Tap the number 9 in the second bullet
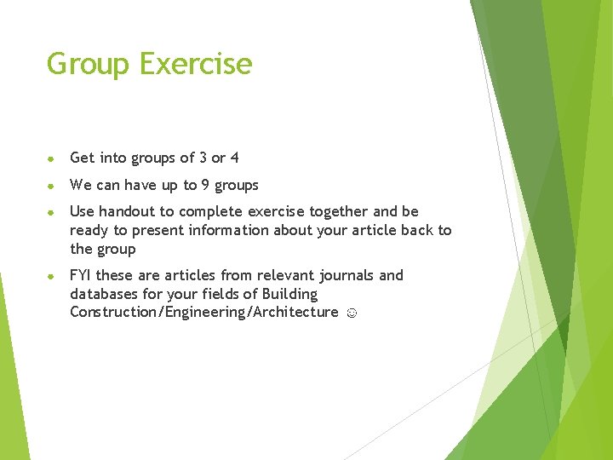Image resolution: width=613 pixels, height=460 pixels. pos(205,185)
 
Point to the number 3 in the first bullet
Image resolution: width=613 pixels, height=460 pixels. pos(203,158)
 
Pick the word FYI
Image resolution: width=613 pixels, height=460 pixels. pos(80,275)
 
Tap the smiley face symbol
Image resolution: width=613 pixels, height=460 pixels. pos(352,313)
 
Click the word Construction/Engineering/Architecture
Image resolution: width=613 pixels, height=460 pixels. pos(204,313)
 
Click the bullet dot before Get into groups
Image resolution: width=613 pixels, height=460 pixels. pos(51,158)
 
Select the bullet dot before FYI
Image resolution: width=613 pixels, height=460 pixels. pos(51,276)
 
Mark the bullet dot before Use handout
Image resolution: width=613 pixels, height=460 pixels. pos(51,212)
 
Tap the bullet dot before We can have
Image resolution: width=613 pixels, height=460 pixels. pos(51,186)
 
